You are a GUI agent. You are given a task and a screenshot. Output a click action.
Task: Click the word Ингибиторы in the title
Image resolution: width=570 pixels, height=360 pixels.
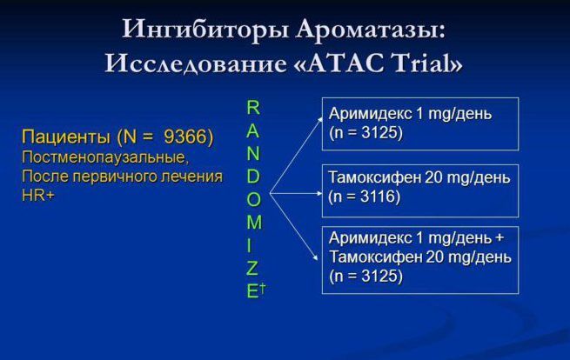(x=205, y=29)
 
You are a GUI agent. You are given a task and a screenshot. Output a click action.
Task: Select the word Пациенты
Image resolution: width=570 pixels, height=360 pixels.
(x=66, y=137)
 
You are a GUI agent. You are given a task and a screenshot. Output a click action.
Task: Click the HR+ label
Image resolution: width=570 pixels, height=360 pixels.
(x=38, y=196)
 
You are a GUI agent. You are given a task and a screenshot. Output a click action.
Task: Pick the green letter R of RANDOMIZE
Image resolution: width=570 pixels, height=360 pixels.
(x=253, y=108)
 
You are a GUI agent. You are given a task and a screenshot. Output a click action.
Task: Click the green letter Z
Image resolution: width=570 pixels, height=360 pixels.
(x=252, y=268)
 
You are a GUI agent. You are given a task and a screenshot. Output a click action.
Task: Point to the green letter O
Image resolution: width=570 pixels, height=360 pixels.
(x=254, y=199)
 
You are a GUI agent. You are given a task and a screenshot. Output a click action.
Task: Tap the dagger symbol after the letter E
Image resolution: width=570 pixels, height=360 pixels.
(x=263, y=288)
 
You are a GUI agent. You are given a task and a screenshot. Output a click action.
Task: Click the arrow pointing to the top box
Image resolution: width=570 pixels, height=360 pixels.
(x=296, y=155)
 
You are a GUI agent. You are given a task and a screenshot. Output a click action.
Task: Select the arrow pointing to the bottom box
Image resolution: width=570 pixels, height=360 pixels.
(x=294, y=227)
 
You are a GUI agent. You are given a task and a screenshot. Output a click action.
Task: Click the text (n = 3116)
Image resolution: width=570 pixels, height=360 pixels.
(x=365, y=197)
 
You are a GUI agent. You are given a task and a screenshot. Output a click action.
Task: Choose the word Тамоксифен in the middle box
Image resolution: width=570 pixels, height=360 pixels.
(x=374, y=177)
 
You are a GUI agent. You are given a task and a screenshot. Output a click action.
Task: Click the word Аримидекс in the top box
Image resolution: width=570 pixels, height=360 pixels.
(x=370, y=114)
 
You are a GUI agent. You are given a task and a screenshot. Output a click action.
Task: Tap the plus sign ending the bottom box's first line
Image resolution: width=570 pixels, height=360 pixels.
(x=500, y=238)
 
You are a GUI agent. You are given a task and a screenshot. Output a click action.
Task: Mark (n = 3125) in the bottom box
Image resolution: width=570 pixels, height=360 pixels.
(x=366, y=276)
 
